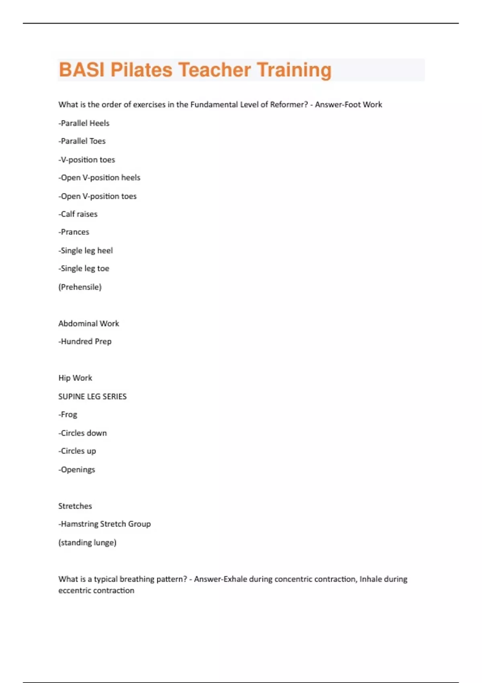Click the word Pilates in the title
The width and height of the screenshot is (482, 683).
141,70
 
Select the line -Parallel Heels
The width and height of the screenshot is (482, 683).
84,123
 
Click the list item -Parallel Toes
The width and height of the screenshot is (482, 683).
82,141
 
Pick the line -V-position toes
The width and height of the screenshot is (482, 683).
87,160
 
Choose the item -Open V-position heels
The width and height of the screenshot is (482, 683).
99,178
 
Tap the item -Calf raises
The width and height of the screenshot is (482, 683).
78,214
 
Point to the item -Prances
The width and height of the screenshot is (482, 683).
74,232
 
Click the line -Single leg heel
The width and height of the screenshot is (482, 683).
86,251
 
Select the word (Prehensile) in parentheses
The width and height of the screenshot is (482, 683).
80,287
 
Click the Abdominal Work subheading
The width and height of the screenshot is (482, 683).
89,323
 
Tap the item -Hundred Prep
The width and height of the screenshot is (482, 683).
85,341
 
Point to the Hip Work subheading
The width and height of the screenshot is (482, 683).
75,378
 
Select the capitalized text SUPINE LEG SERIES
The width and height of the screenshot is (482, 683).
92,397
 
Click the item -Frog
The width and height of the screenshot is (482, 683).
68,415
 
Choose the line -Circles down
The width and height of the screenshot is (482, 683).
83,433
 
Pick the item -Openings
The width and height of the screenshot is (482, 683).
77,470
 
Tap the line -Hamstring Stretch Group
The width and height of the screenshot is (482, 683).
104,524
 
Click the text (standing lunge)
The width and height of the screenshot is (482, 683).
87,542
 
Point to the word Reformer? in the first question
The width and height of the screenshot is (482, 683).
289,104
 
